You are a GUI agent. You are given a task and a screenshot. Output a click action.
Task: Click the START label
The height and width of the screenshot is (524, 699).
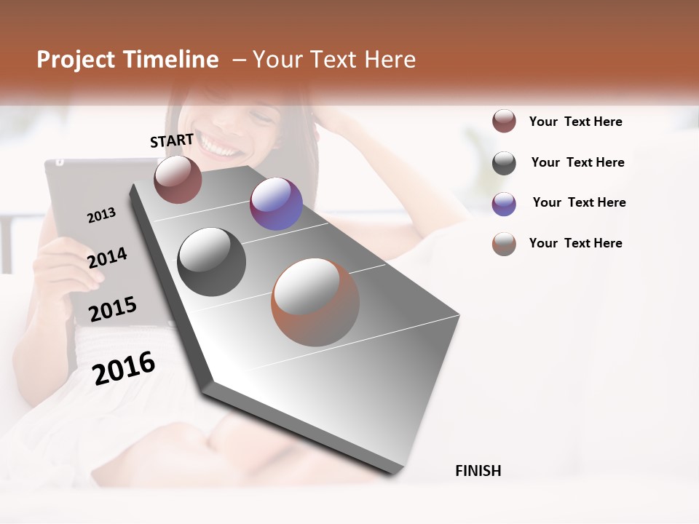click(x=172, y=140)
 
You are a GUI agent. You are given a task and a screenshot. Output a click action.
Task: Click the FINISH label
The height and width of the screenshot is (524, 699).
click(x=478, y=471)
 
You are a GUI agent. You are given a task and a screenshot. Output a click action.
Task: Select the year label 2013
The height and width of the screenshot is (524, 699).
click(x=101, y=215)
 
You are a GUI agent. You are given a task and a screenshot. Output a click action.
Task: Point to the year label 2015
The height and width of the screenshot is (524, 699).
click(x=113, y=309)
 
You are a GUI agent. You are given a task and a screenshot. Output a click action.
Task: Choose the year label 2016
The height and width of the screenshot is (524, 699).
click(x=124, y=368)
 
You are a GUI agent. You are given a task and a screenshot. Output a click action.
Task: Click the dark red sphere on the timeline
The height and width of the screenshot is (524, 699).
click(x=178, y=179)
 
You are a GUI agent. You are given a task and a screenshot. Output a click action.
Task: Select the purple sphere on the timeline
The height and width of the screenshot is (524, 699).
click(x=276, y=204)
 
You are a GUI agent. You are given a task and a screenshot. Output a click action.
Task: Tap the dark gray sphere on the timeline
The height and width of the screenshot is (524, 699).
click(x=211, y=262)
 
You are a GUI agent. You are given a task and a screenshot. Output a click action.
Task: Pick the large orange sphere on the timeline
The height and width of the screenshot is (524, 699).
click(x=315, y=302)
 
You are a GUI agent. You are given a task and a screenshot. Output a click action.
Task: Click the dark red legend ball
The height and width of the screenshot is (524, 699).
click(x=504, y=122)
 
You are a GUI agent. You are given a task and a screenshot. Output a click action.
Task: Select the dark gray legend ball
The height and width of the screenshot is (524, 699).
click(x=504, y=163)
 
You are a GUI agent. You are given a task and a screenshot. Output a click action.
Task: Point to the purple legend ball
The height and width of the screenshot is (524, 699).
click(x=504, y=204)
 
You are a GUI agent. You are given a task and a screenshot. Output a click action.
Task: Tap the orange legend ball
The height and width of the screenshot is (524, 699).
click(x=504, y=244)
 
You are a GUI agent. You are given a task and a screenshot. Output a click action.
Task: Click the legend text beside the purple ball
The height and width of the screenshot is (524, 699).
click(x=579, y=202)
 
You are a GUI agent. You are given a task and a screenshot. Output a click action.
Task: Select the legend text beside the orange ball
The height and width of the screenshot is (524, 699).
click(x=575, y=243)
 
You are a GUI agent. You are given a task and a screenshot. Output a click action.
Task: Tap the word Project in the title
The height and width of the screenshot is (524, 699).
click(x=76, y=60)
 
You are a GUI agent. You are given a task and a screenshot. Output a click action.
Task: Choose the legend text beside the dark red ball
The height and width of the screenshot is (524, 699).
click(x=575, y=122)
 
